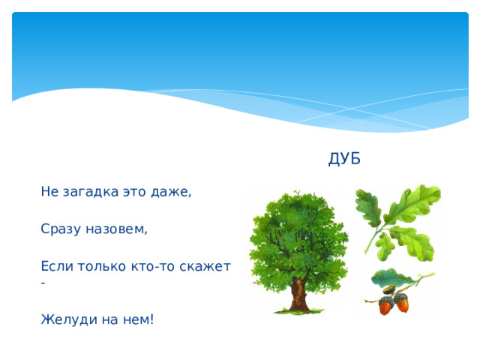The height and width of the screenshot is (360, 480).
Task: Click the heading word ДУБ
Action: click(x=344, y=159)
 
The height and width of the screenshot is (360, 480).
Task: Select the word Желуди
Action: click(x=66, y=319)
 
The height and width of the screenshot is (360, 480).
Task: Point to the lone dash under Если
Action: click(x=44, y=283)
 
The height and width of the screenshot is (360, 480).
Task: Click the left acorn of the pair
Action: click(x=385, y=304)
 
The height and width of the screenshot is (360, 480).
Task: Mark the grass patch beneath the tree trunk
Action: click(x=300, y=310)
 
